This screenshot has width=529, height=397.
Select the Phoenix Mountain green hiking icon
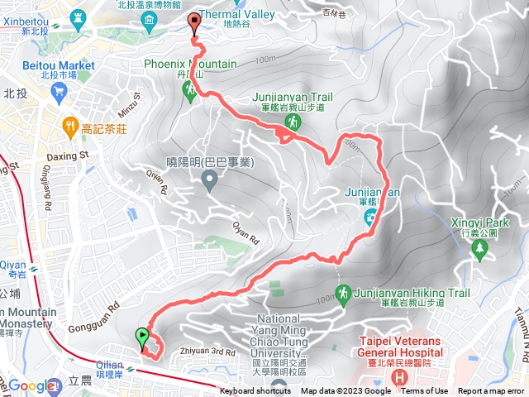pos(190,90)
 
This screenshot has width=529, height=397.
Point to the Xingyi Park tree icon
pos(479,246)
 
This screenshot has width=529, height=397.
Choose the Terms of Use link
pos(424,391)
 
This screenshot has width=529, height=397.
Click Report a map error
pos(491,391)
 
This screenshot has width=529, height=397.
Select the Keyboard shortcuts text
pos(255,391)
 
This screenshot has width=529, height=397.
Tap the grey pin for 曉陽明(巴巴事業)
pos(209,178)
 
